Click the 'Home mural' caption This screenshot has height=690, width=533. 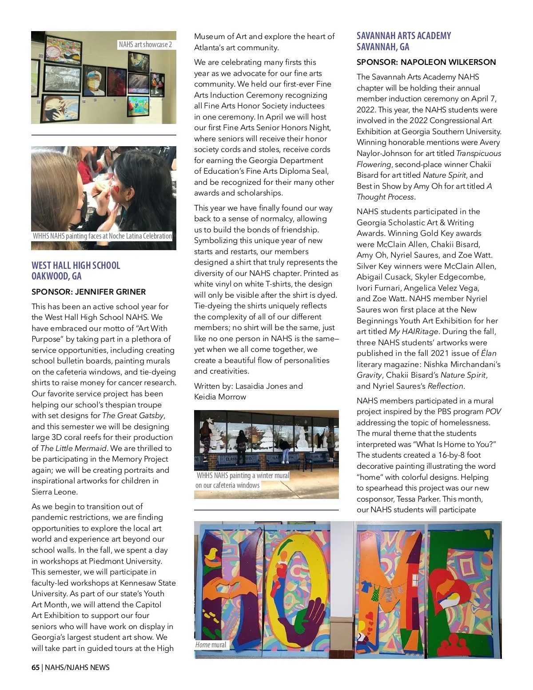pos(211,645)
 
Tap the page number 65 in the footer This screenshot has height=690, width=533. pos(36,667)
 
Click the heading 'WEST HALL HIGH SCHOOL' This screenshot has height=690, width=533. pos(76,265)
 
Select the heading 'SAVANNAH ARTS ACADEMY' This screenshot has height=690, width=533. pos(404,36)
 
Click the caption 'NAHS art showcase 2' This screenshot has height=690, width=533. pos(145,44)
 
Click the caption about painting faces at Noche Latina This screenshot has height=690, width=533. pos(102,236)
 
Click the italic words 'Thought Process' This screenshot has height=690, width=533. pos(386,197)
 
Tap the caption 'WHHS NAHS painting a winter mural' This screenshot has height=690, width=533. pos(243,475)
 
